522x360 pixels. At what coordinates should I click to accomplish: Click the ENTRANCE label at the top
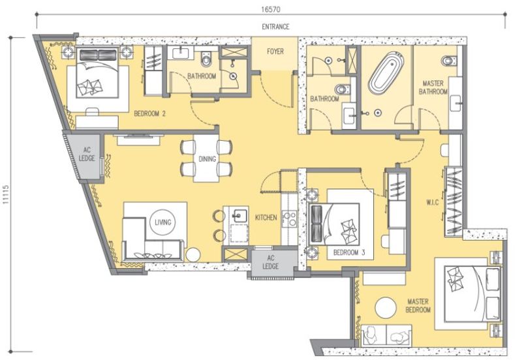coord(275,27)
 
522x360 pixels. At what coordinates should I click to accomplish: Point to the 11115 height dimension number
coord(7,194)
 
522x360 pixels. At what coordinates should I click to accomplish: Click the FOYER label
coord(275,52)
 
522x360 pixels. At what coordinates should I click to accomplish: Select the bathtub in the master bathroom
coord(386,77)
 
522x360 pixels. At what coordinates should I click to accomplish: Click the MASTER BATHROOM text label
coord(434,88)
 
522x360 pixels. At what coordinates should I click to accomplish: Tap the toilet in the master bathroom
coord(448,61)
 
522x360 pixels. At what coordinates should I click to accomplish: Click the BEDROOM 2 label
coord(149,113)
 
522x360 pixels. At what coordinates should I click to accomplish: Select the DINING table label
coord(207,158)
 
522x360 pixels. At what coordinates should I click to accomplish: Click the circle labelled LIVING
coord(162,222)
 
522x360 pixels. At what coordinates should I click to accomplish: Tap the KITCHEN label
coord(266,217)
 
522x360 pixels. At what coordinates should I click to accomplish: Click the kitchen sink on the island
coord(239,214)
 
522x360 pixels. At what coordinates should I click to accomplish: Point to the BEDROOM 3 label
coord(348,252)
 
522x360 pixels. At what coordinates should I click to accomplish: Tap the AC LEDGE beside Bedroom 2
coord(87,154)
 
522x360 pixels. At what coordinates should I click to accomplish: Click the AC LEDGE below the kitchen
coord(271,262)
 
